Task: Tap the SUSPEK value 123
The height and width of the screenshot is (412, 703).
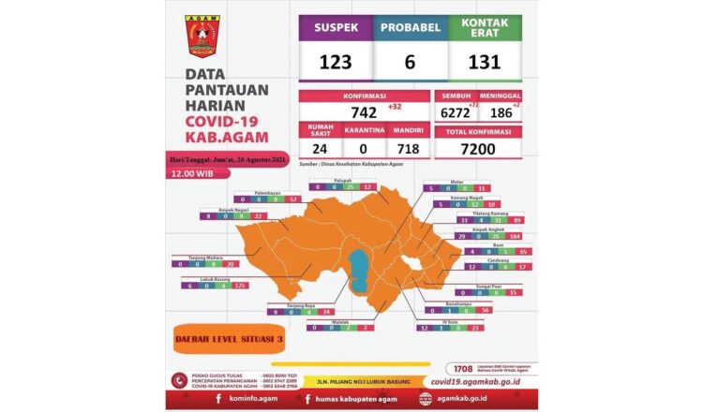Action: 336,62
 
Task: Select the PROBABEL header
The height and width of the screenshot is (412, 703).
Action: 410,26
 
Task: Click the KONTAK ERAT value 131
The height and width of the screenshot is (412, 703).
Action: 485,62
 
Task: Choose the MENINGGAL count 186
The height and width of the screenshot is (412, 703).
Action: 502,111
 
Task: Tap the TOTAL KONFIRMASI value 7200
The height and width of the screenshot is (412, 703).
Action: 478,149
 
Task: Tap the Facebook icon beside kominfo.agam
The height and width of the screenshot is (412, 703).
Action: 217,399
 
